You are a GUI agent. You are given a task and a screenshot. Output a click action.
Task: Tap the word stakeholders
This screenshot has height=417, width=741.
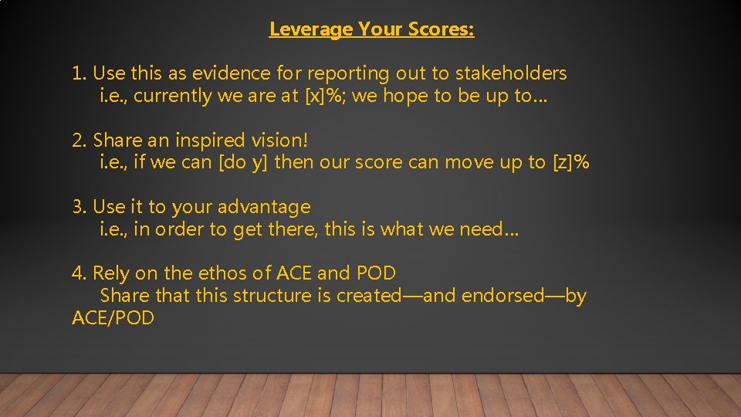pos(511,74)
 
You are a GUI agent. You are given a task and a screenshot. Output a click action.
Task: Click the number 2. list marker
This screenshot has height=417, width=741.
pos(80,141)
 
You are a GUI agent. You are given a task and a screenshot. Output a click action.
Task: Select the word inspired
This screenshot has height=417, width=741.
pos(208,141)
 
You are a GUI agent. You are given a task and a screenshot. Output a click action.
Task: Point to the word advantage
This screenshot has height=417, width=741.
pos(264,208)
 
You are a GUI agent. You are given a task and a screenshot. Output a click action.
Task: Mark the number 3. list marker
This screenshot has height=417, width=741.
pos(80,208)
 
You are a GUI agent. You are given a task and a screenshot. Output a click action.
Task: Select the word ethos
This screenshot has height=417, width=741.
pos(225,273)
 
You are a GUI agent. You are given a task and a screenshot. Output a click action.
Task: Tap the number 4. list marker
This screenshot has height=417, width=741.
pos(80,273)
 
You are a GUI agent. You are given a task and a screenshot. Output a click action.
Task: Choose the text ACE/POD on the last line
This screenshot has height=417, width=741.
pos(113,318)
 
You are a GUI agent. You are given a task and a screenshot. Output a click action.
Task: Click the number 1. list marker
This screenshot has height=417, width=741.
pos(79,74)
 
